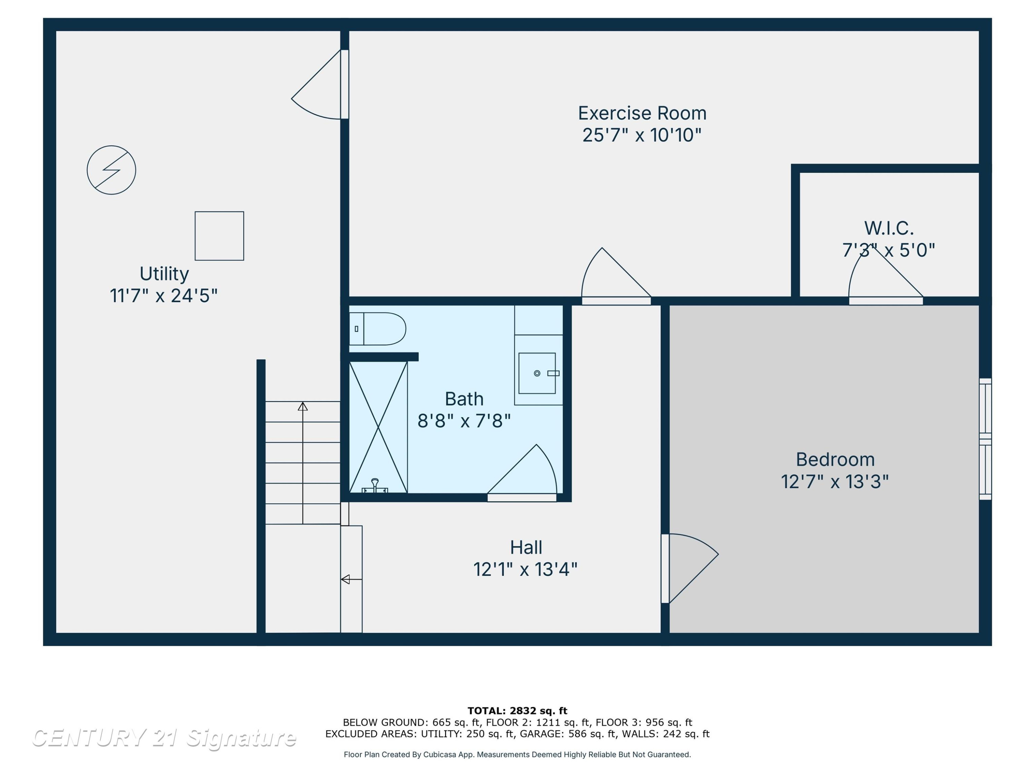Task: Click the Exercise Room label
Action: (x=642, y=113)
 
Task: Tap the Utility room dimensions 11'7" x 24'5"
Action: (x=164, y=296)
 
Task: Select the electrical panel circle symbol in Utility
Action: (x=111, y=170)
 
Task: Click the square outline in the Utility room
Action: (x=219, y=236)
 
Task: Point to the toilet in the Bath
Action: (x=377, y=329)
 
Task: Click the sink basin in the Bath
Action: (x=537, y=373)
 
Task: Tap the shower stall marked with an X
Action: (x=378, y=427)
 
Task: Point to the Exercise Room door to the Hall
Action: (x=616, y=276)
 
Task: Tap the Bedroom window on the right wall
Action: (x=985, y=439)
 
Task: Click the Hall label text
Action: (x=526, y=547)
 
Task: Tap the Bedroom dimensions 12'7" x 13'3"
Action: (x=835, y=482)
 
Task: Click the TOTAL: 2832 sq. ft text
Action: (x=517, y=711)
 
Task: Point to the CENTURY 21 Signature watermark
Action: (x=164, y=738)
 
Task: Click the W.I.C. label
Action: (x=888, y=228)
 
